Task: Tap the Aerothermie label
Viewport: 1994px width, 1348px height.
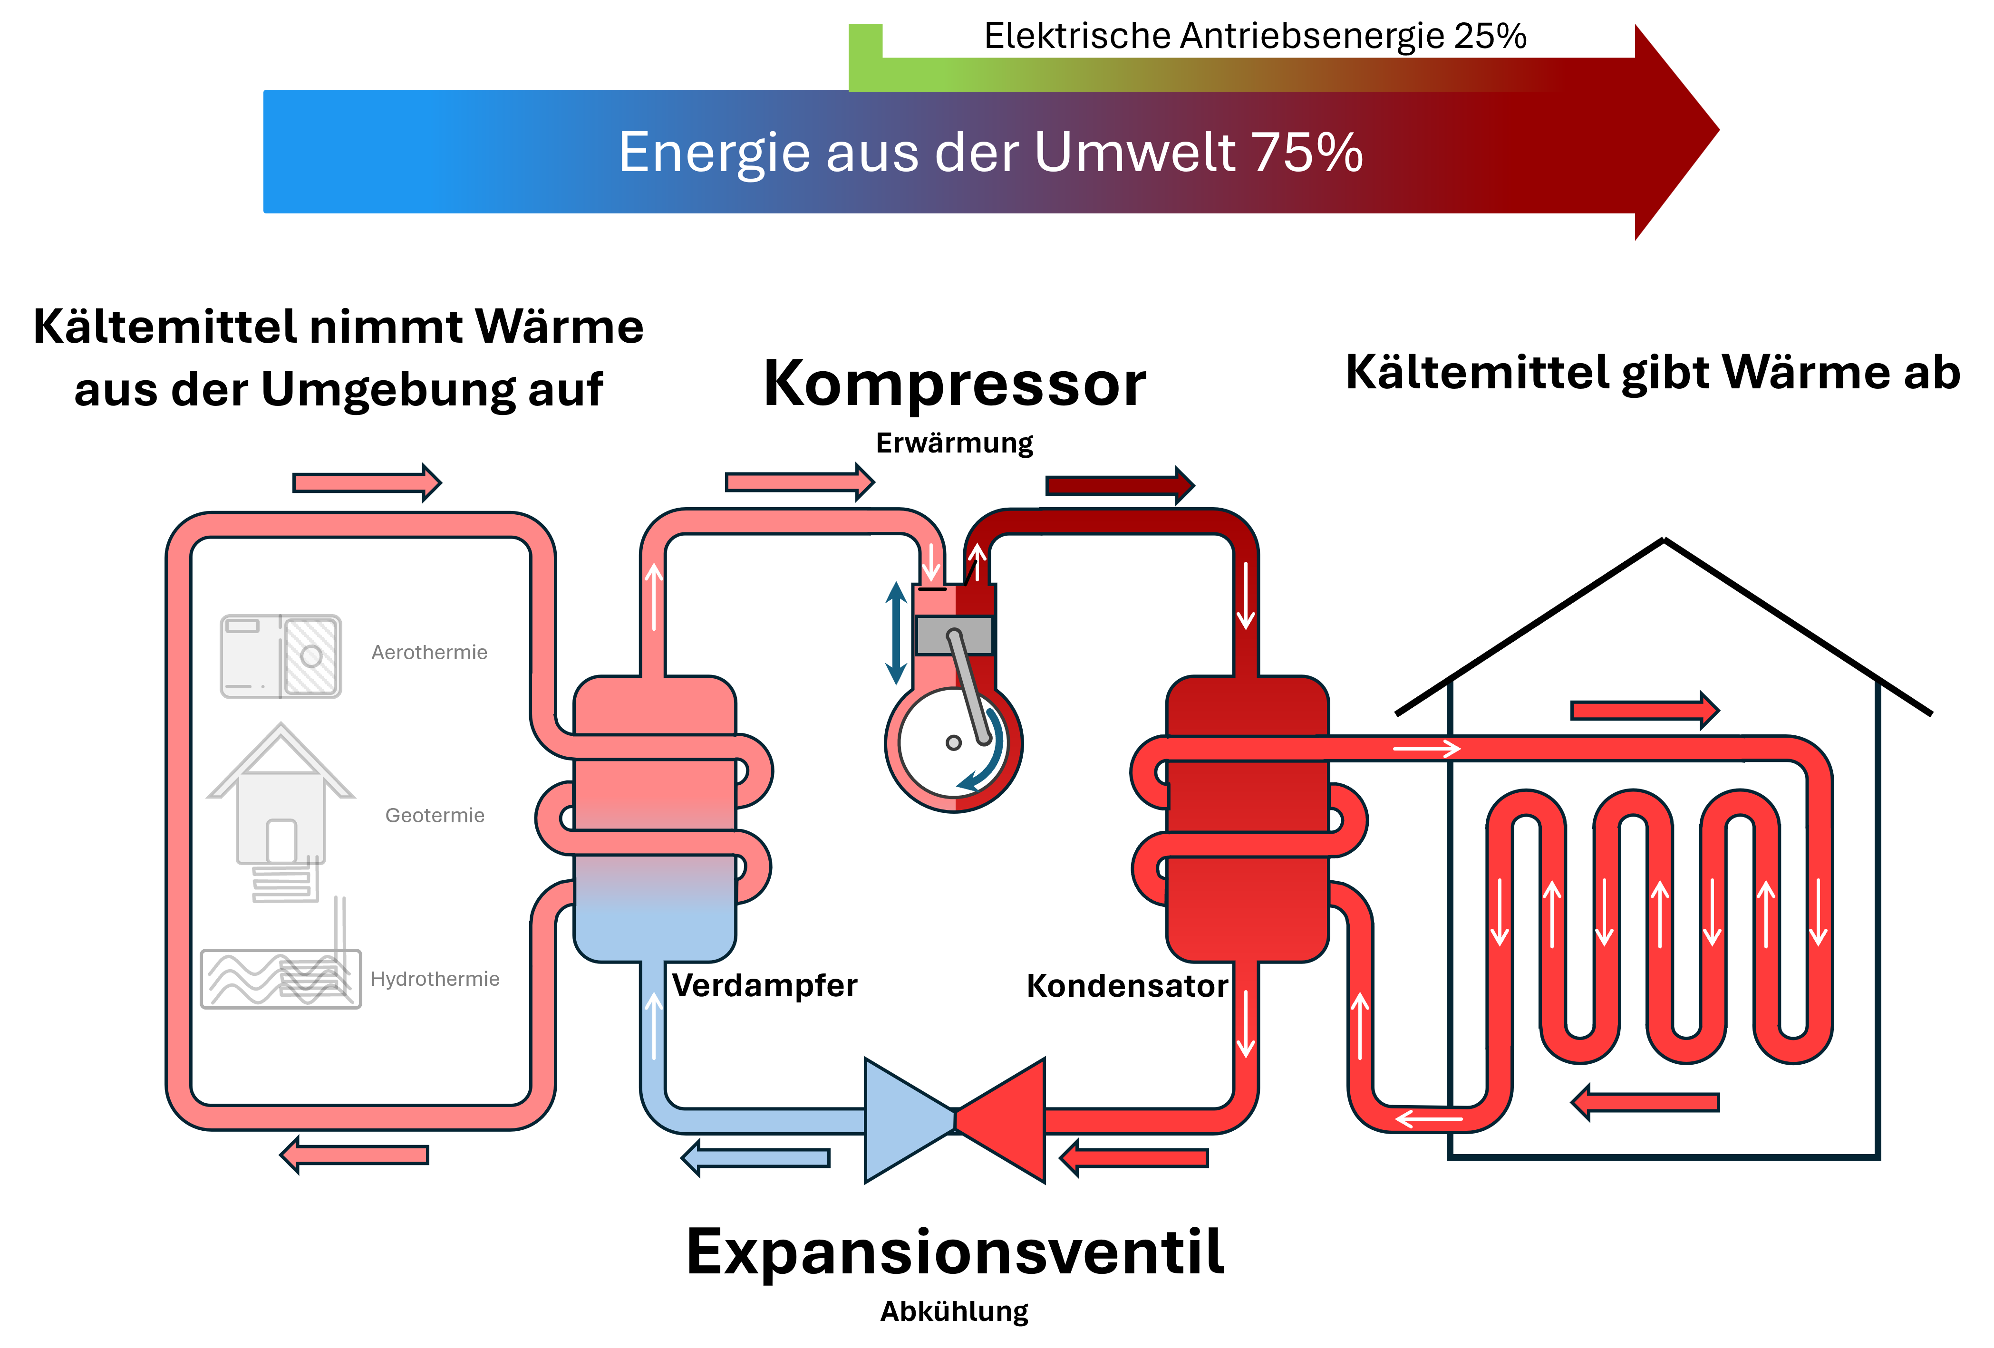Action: pos(429,653)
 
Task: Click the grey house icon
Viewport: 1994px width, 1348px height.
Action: pos(281,798)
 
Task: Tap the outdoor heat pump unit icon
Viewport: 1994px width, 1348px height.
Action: pos(281,656)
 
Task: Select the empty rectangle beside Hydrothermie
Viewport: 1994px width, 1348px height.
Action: pos(281,979)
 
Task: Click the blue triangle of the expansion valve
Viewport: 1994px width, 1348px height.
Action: pos(905,1120)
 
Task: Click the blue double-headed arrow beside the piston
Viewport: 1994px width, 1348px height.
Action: pos(896,633)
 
